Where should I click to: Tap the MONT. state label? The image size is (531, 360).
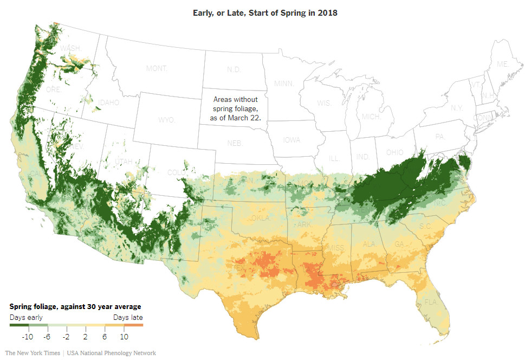click(x=157, y=69)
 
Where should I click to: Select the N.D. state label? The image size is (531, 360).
click(x=233, y=70)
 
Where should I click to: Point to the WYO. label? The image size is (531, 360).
click(x=167, y=119)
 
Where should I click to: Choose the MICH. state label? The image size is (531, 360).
click(x=372, y=117)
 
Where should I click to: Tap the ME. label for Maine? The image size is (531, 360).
click(x=503, y=64)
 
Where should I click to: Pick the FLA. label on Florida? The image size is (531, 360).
click(x=431, y=301)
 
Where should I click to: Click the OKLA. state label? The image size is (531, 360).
click(x=260, y=218)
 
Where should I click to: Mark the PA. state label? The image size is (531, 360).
click(x=439, y=137)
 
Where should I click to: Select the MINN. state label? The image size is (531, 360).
click(x=284, y=83)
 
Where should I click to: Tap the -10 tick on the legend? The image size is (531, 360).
click(x=28, y=337)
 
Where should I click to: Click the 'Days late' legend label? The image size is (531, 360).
click(x=128, y=317)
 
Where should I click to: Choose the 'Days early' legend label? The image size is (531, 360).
click(x=26, y=317)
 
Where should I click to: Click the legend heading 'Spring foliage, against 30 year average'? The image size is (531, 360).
click(x=75, y=307)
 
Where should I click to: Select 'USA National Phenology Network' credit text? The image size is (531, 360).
click(x=112, y=353)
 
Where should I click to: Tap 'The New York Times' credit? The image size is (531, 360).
click(x=33, y=353)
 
